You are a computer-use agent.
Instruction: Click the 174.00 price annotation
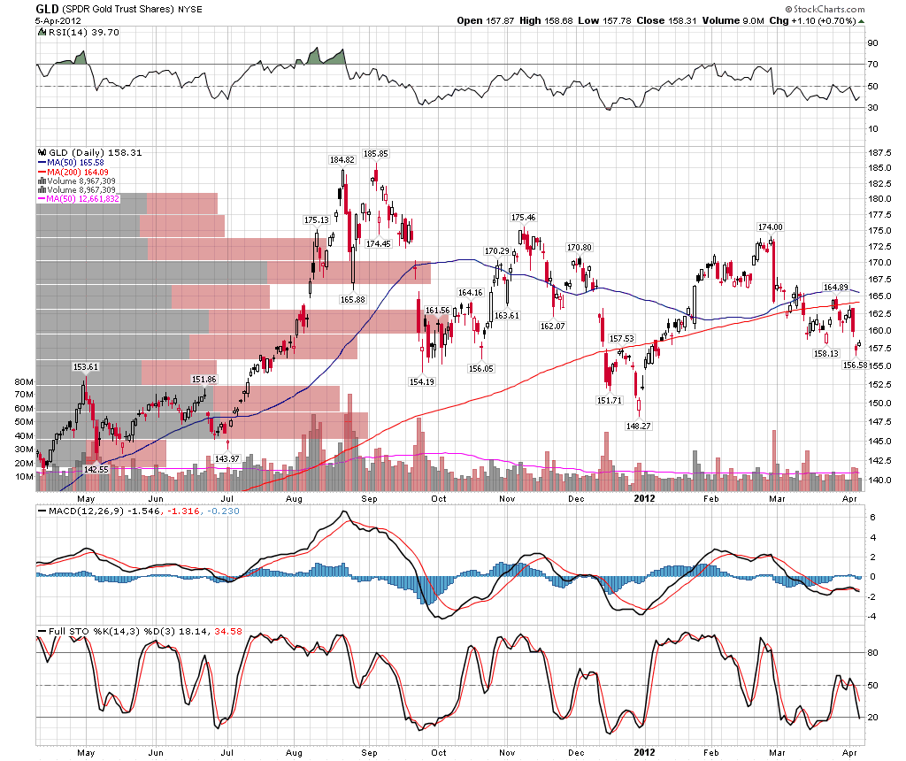point(771,227)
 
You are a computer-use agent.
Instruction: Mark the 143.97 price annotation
point(228,457)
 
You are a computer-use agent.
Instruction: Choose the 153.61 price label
point(85,366)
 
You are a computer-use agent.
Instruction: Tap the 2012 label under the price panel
point(645,497)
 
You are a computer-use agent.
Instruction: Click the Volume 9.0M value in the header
point(731,20)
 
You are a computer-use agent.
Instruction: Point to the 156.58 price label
point(855,365)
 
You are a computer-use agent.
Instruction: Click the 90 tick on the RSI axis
point(871,42)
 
